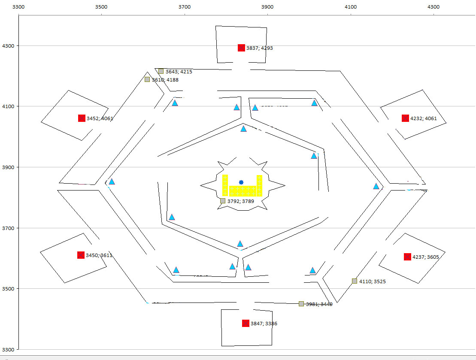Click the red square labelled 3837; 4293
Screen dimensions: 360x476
tap(241, 48)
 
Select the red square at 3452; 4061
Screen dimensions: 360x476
tap(82, 118)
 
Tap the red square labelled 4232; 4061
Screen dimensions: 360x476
tap(405, 118)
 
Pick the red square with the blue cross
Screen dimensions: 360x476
tap(81, 255)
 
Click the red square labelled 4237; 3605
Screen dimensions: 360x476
tap(407, 257)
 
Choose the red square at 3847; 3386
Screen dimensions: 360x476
tap(246, 323)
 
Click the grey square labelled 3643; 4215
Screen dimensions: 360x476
tap(161, 71)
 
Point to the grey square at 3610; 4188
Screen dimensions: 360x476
tap(147, 79)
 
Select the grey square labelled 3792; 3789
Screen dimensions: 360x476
tap(223, 201)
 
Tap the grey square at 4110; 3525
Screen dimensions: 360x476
tap(355, 281)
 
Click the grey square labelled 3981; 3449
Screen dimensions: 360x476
tap(301, 304)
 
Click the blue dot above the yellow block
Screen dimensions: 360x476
tap(241, 182)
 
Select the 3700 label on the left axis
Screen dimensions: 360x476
tap(8, 228)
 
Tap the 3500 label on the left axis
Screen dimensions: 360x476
tap(8, 289)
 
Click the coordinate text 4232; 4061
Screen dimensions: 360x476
tap(424, 118)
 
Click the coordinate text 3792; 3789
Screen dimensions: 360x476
tap(241, 201)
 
